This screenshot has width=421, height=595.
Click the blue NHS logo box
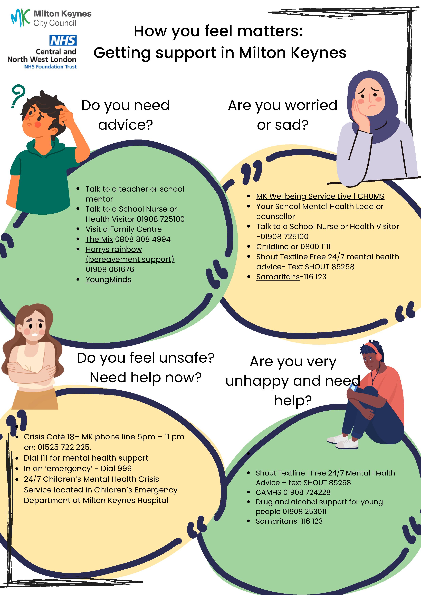tap(63, 41)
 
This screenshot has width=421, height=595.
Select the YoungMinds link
tap(108, 280)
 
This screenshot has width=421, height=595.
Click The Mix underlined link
tap(99, 239)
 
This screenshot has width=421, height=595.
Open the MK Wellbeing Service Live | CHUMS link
tap(320, 196)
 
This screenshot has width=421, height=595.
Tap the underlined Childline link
tap(272, 246)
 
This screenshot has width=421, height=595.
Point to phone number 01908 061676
tap(110, 270)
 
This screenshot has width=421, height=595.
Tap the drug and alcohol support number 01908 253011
tap(305, 512)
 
